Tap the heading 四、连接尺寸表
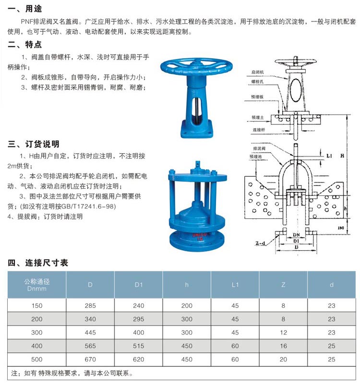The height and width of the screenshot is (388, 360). pos(38,262)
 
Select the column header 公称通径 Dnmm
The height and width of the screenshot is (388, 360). pos(37,284)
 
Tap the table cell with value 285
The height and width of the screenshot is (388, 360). pos(90,305)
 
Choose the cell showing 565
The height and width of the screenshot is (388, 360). pos(90,346)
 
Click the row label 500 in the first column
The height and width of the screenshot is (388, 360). pos(37,359)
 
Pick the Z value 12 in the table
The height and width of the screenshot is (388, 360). pos(283,332)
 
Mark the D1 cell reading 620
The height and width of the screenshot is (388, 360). pos(139,359)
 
